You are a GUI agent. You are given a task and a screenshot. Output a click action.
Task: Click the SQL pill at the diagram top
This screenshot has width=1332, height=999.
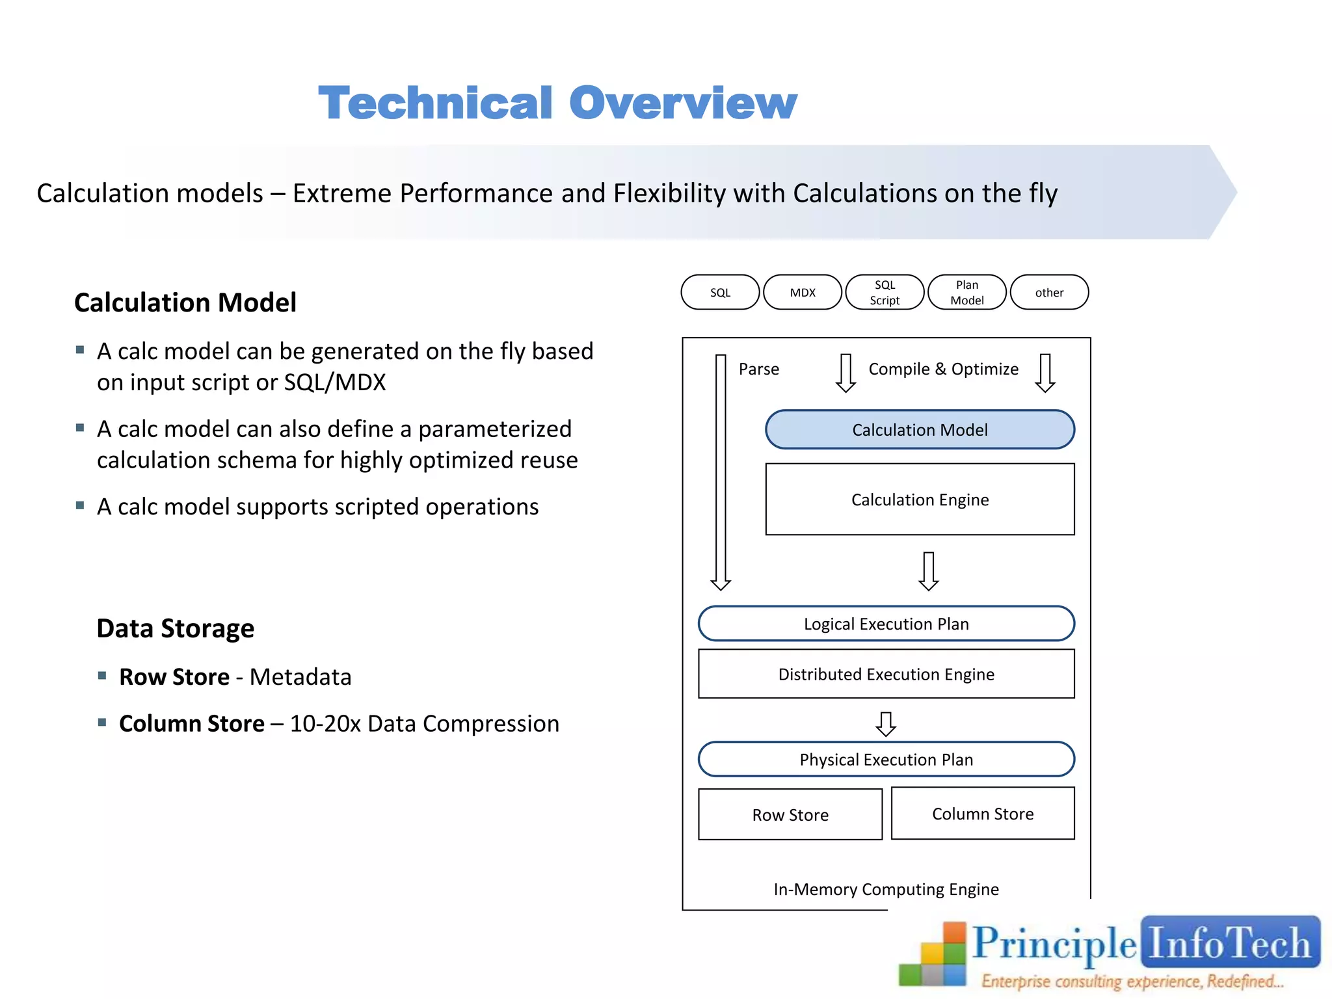tap(720, 293)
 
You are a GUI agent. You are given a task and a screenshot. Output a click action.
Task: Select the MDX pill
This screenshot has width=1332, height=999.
tap(803, 293)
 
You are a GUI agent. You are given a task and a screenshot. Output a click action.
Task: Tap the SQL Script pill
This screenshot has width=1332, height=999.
tap(885, 293)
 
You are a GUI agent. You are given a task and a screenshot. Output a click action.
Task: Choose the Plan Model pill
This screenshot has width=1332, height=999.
tap(967, 293)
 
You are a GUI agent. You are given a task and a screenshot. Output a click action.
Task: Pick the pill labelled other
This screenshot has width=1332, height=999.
tap(1049, 293)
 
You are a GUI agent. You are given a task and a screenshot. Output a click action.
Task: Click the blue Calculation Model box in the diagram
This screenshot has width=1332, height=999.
tap(920, 430)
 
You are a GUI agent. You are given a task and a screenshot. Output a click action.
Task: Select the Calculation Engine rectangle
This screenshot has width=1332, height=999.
tap(920, 499)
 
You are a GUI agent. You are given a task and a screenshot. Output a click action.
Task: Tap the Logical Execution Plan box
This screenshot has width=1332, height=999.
tap(886, 624)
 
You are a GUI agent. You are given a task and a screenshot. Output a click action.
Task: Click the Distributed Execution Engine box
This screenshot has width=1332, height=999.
tap(886, 674)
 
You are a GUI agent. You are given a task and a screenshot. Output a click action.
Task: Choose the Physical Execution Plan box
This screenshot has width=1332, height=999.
tap(886, 759)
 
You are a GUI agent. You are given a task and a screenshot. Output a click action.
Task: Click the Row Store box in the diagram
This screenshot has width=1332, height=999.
tap(790, 814)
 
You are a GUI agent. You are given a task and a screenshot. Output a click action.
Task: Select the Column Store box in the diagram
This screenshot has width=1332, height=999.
tap(983, 814)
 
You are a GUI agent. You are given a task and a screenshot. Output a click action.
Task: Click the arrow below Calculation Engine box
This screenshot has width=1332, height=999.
tap(928, 571)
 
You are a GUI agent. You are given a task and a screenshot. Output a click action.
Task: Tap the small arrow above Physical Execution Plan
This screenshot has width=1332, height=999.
tap(886, 723)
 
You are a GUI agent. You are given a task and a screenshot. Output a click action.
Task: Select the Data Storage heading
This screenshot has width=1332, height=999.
tap(175, 628)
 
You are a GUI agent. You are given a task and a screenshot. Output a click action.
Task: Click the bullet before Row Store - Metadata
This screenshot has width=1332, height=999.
tap(102, 676)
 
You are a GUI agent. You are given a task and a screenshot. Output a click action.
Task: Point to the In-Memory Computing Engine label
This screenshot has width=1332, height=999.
tap(886, 889)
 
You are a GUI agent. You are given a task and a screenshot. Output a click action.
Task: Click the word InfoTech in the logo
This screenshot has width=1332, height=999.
tap(1229, 943)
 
